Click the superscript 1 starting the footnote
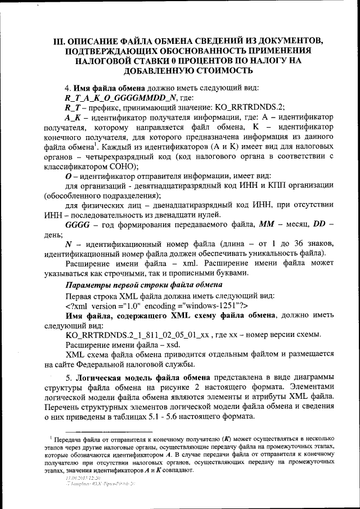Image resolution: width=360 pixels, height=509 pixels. coord(50,436)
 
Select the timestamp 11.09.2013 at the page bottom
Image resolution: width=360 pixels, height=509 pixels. coord(75,477)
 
